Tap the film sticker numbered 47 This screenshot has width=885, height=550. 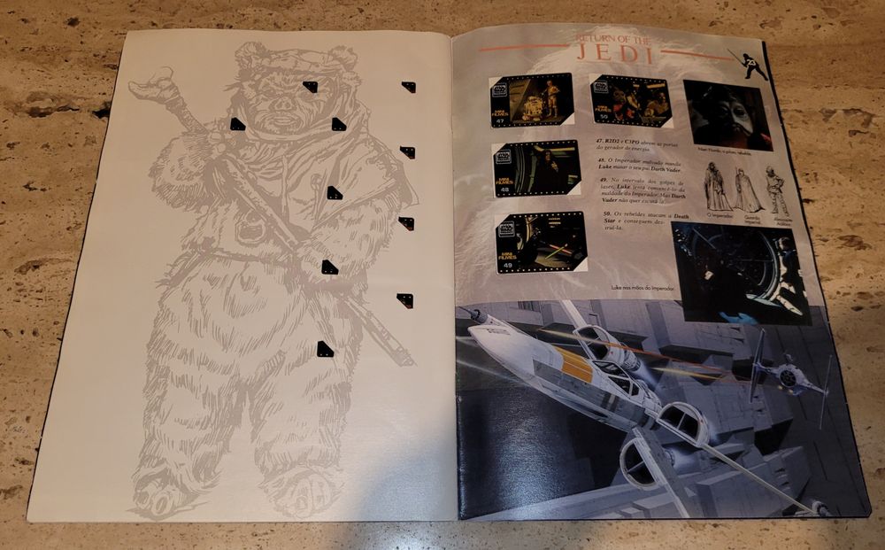pyautogui.click(x=530, y=100)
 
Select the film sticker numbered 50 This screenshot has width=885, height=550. pyautogui.click(x=631, y=100)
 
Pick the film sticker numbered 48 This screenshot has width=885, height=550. pyautogui.click(x=535, y=168)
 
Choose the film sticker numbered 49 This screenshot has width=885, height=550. pyautogui.click(x=541, y=242)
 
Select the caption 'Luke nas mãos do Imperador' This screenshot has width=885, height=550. pyautogui.click(x=641, y=287)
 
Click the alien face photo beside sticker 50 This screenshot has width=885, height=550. pyautogui.click(x=727, y=115)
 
